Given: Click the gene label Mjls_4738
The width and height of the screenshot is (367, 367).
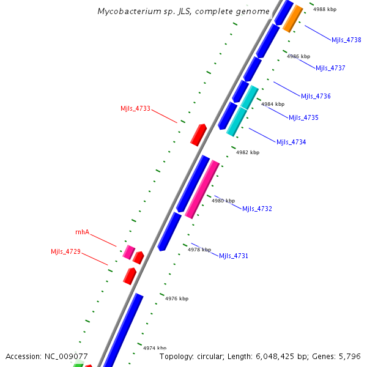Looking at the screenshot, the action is point(346,40).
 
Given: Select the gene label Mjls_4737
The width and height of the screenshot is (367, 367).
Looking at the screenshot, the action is point(330,68).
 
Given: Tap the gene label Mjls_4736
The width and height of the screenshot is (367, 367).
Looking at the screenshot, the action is point(316,96).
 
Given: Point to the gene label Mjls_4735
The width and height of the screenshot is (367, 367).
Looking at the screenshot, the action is point(303,117).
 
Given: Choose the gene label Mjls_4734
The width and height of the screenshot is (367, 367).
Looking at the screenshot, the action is point(291,142).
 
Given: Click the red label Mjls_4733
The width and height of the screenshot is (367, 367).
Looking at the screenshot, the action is point(135,109).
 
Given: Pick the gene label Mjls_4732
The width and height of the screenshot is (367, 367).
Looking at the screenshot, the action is point(257,209).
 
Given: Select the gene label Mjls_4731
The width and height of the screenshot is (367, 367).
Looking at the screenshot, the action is point(234,256).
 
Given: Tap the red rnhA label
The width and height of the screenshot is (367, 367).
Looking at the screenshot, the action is point(82,232).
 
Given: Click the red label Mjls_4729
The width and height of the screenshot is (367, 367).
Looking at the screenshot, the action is point(65,251).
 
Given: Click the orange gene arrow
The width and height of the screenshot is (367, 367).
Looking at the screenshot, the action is point(292,18).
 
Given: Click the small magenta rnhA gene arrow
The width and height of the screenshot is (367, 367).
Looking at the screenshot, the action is point(128,251).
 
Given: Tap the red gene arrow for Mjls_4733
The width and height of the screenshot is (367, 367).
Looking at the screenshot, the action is point(198,135).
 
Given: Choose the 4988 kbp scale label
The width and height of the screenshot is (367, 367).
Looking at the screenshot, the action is point(324,10).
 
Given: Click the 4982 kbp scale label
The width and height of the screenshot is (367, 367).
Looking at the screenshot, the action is point(247,152).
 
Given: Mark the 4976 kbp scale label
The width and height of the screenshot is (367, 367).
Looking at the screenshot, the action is point(177,298).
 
